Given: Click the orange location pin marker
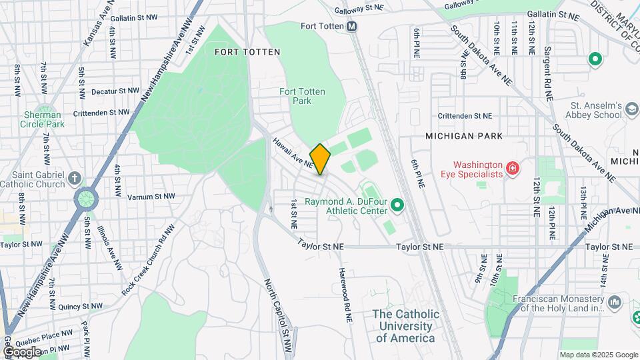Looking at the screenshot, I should [320, 159].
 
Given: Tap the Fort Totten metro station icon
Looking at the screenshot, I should [351, 27].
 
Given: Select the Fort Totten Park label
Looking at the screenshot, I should [295, 96].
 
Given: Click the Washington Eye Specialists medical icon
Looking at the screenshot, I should [512, 169].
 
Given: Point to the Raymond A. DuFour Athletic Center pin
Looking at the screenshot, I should [398, 205].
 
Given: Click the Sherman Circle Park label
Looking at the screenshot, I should [42, 119].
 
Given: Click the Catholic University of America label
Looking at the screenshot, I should [405, 326].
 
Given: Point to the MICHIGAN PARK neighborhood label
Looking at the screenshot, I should [464, 136].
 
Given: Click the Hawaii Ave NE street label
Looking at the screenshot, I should [293, 153].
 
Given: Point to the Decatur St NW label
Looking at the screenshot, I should [115, 91].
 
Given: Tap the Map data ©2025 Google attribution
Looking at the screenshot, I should [598, 355].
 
